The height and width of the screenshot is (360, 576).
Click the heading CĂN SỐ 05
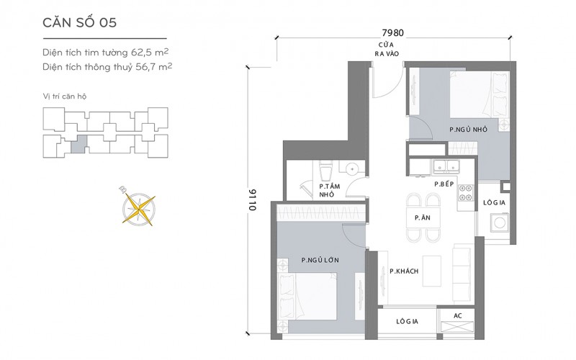point(79,22)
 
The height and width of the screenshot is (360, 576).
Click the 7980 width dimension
point(392,32)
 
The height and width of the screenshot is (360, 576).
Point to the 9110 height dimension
point(253,200)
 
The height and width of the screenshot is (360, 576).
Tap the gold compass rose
point(138,208)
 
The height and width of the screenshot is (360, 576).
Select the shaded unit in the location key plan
point(79,144)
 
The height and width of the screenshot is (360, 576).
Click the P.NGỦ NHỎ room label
point(469,130)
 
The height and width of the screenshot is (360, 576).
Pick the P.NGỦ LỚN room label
point(320,260)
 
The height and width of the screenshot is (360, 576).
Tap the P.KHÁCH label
point(404,271)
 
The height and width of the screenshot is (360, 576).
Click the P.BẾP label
point(444,184)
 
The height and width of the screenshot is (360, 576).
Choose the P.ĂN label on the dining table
point(423,217)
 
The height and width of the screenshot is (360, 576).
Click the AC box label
point(458,315)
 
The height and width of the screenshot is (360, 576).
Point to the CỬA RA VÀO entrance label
point(387,49)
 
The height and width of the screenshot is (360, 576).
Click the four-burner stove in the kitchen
point(465,193)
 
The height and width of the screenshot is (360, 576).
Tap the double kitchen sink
point(446,166)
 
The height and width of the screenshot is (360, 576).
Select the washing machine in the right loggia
point(500,222)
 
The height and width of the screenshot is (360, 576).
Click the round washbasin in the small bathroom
point(352,169)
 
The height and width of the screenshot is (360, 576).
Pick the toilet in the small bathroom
point(325,170)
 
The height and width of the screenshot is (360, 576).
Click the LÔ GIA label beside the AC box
point(407,321)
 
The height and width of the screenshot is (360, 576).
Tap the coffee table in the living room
point(431,271)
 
